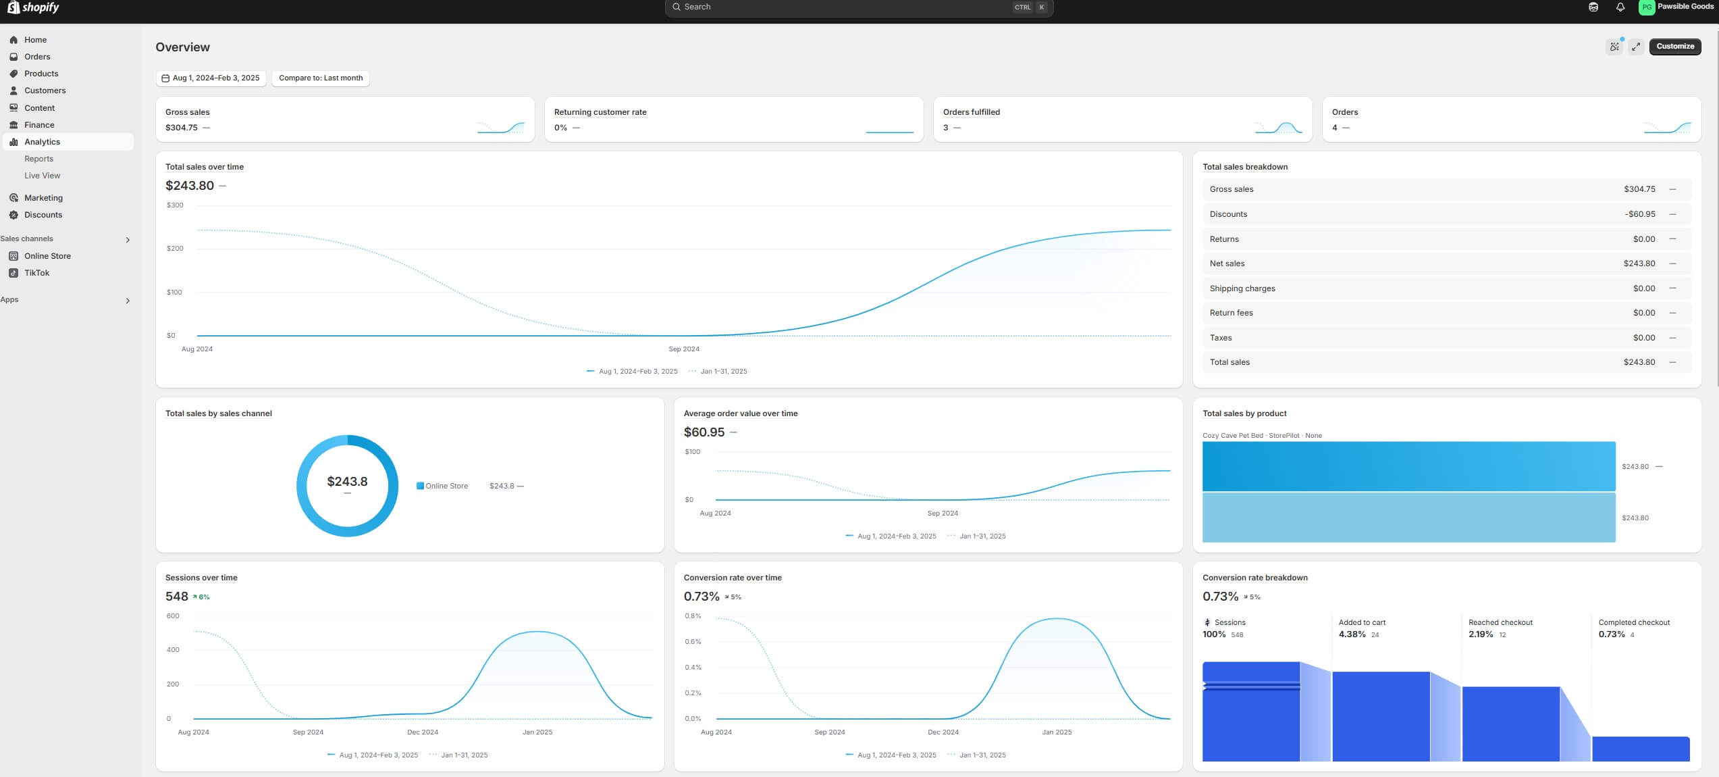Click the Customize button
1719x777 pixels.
1674,47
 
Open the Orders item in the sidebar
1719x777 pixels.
37,57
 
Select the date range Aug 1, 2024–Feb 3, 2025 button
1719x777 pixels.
211,78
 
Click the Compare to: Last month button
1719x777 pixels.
321,78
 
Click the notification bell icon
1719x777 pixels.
1620,7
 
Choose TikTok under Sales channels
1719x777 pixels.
36,273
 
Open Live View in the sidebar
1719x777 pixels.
42,176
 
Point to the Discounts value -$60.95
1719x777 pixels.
1639,214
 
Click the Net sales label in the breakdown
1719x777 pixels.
1227,264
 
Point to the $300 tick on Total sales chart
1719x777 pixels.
175,205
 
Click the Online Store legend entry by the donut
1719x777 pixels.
446,486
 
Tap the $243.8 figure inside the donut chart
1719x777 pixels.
347,482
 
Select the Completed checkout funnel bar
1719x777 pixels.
1640,749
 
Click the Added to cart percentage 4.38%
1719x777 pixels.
1352,634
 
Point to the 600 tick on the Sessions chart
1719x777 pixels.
173,616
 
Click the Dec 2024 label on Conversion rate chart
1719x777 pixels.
943,732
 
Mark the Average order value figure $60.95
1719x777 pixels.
704,432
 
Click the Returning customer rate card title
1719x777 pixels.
600,112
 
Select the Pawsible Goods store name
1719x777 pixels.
1685,7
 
